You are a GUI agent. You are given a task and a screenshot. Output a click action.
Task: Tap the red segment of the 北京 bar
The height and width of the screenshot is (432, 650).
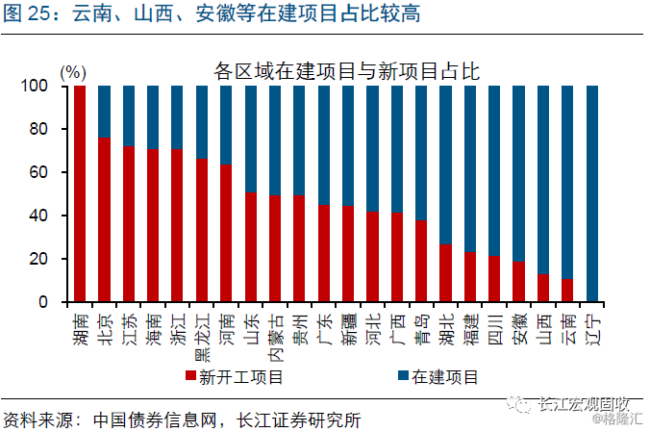point(104,220)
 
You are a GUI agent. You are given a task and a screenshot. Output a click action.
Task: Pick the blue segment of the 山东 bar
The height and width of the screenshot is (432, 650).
point(251,139)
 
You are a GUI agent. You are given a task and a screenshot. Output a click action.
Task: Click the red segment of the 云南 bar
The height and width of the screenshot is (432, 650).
point(568,291)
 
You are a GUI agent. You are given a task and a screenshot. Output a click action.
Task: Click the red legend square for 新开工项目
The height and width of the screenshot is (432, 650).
point(189,377)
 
